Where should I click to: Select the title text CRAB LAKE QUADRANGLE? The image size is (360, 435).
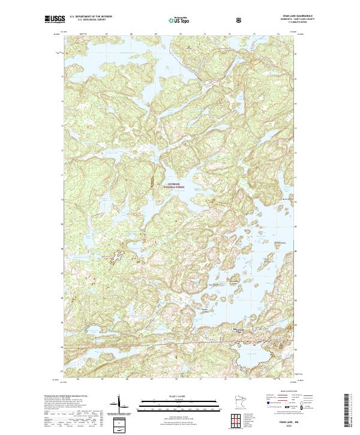283,16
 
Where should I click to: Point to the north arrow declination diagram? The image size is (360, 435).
120,403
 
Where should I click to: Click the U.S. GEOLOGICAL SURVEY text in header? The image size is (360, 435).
88,21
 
